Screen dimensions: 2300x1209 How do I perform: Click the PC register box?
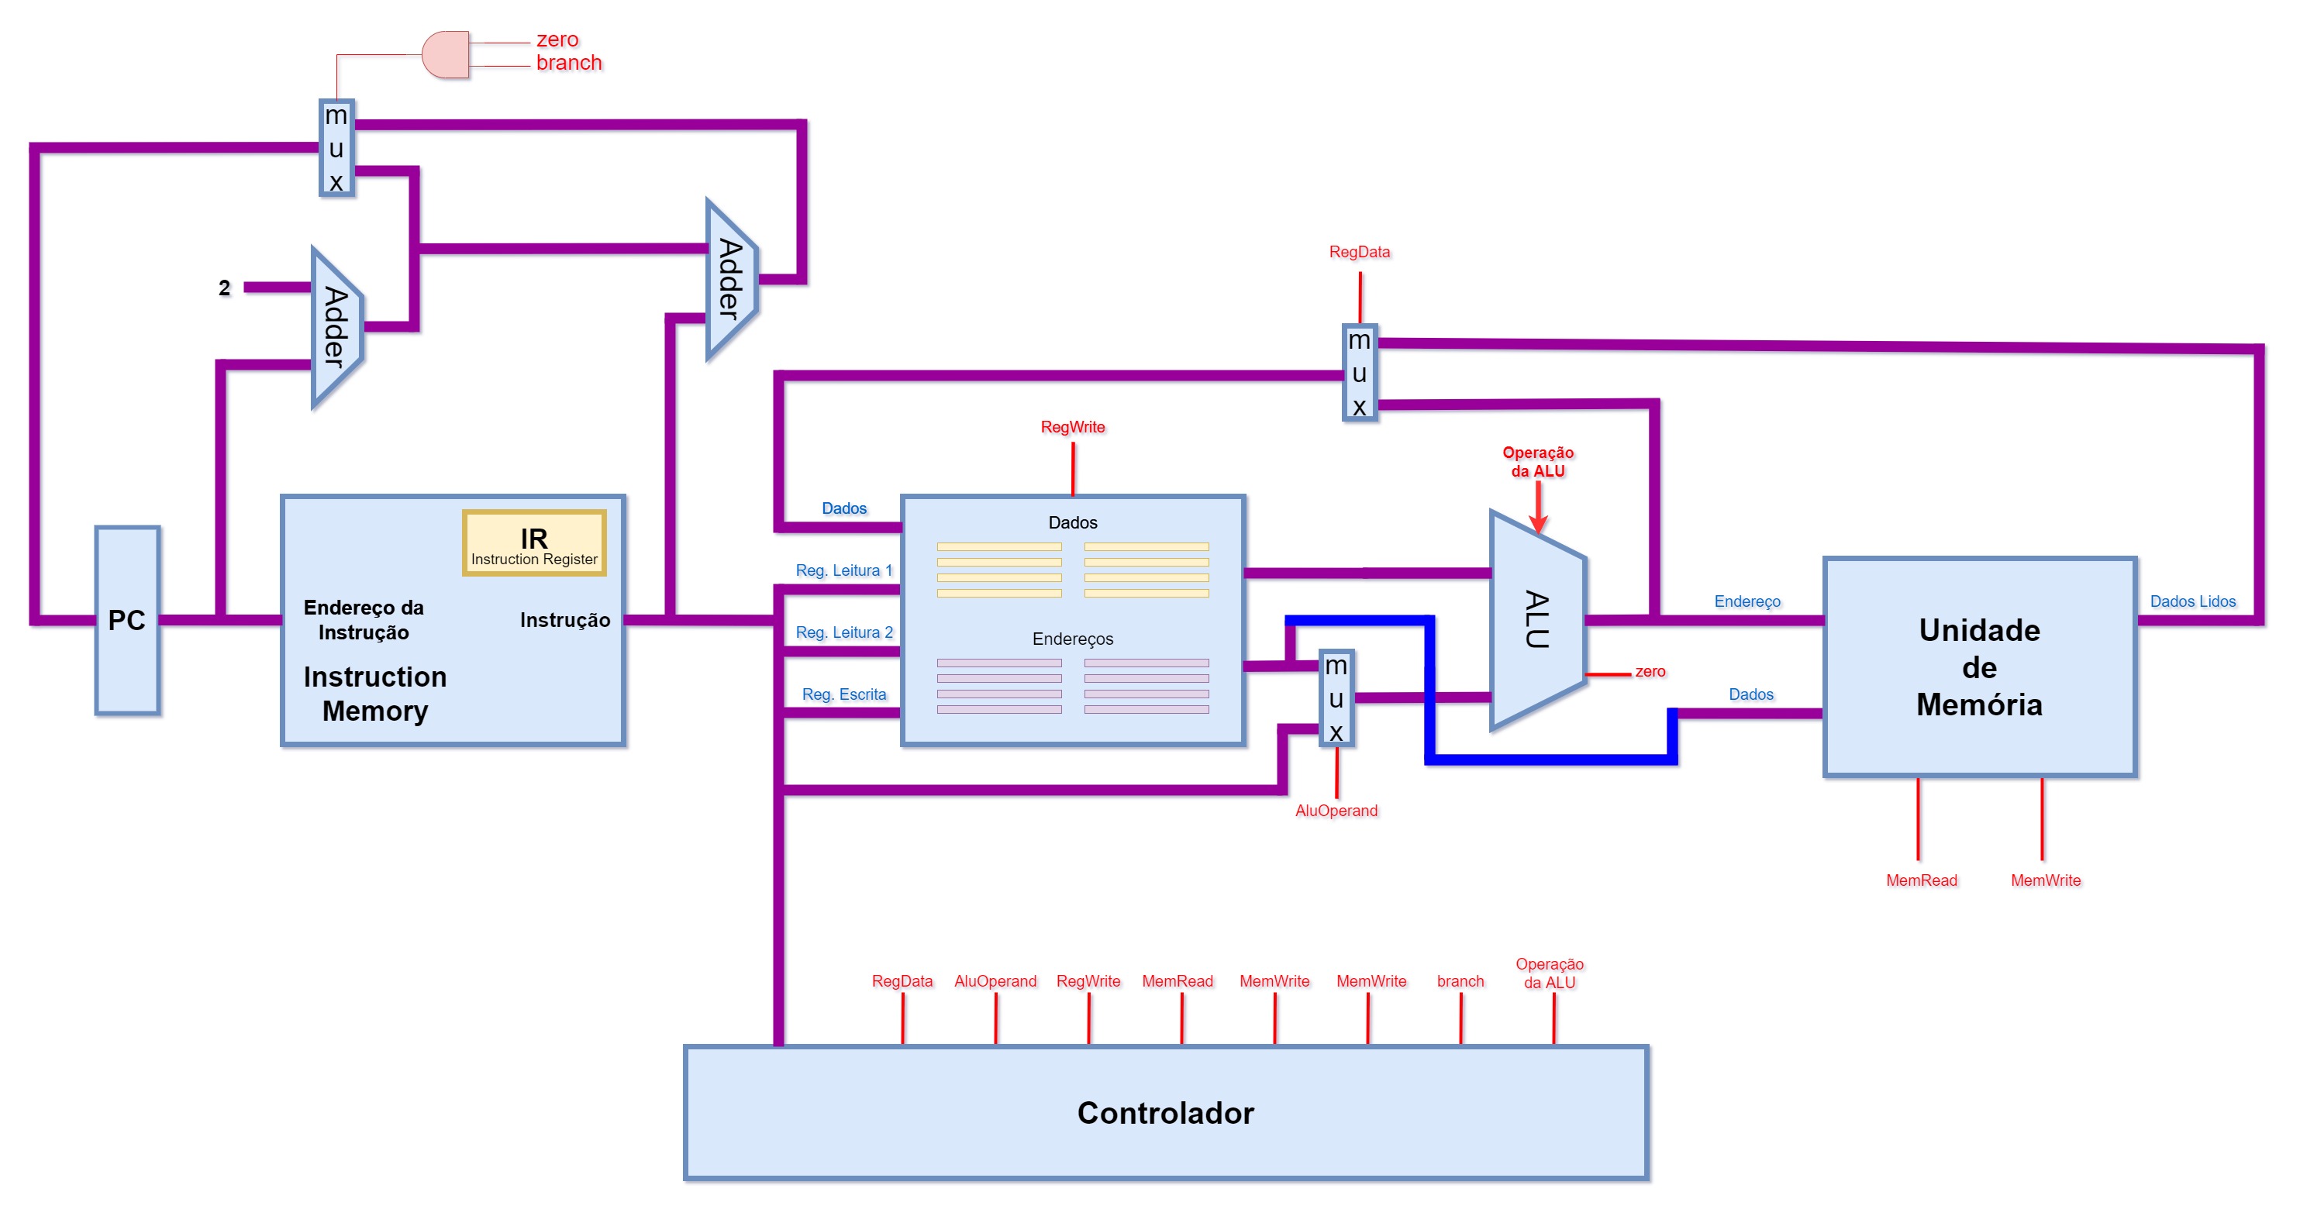point(128,620)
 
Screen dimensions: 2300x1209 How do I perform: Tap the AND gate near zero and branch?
point(446,54)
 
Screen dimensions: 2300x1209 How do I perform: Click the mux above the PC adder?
point(336,147)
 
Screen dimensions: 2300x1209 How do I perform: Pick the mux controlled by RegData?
point(1360,372)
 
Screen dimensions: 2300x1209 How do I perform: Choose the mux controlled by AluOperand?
point(1336,697)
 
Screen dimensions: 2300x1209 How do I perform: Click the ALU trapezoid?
point(1537,620)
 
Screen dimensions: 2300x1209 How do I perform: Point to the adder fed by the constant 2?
point(336,328)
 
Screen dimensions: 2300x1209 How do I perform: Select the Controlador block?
point(1166,1113)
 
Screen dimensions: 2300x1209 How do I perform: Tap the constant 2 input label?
point(224,288)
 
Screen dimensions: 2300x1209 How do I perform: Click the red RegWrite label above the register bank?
point(1072,427)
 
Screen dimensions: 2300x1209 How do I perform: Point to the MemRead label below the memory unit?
point(1922,880)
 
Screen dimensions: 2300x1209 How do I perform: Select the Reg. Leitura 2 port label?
point(843,632)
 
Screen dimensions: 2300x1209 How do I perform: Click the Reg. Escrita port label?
point(843,694)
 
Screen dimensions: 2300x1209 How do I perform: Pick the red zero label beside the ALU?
point(1650,671)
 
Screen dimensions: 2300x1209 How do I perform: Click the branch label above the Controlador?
point(1460,980)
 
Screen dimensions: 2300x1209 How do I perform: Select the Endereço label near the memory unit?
point(1747,602)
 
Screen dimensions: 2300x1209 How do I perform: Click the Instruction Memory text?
point(375,693)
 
